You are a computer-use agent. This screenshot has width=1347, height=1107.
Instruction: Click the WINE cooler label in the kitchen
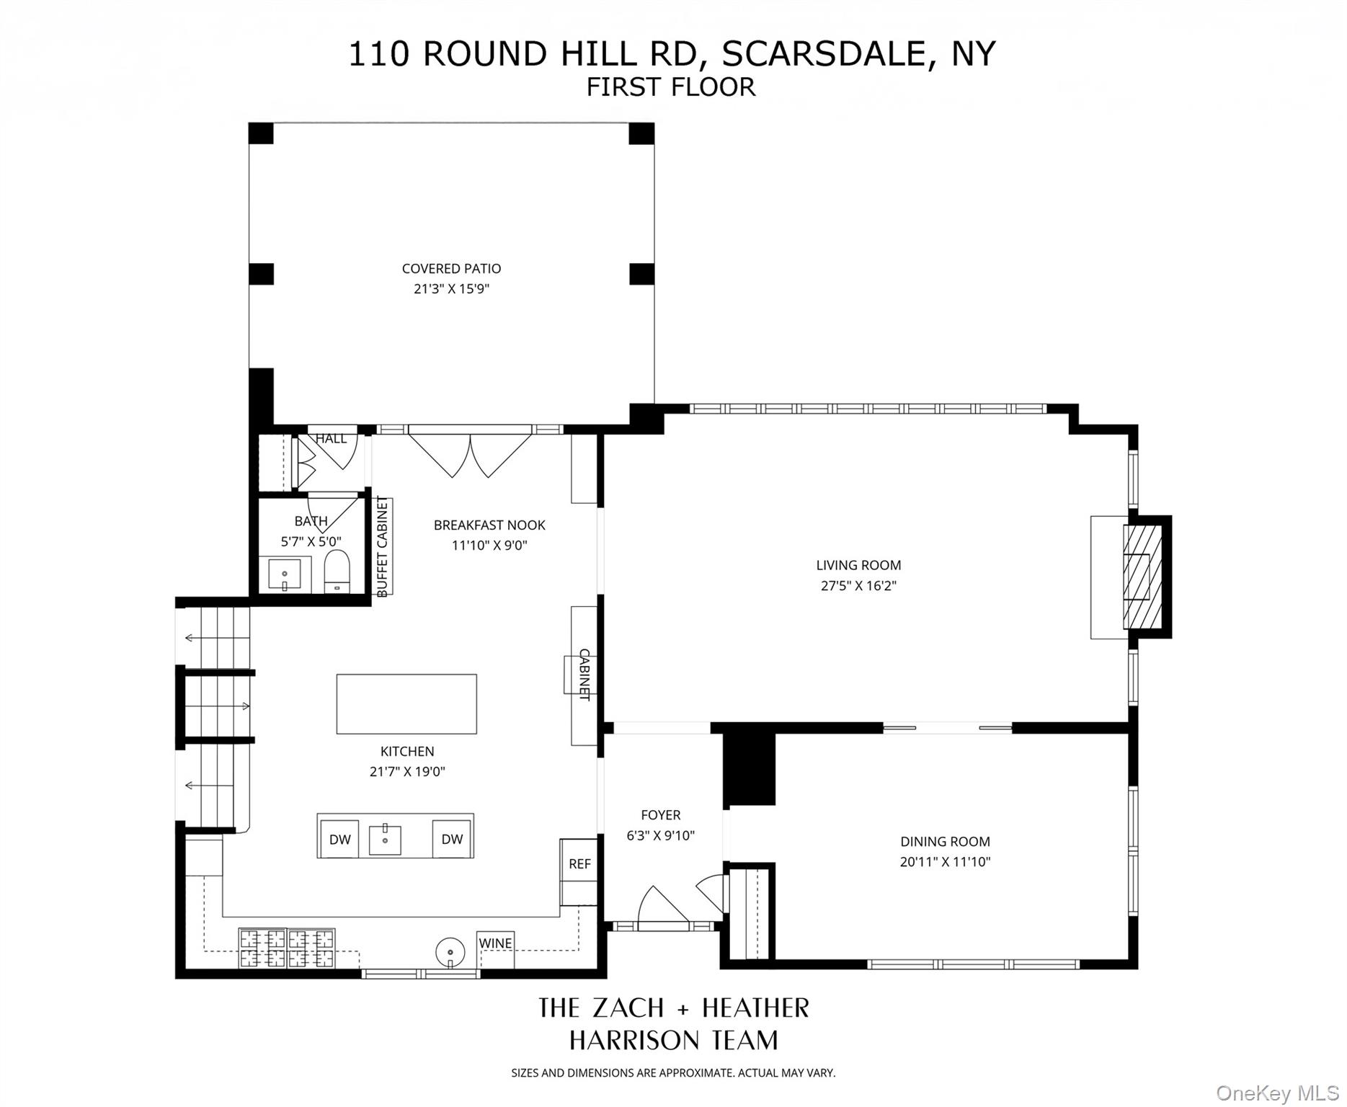click(x=495, y=943)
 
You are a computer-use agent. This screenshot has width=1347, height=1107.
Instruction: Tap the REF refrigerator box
click(x=579, y=863)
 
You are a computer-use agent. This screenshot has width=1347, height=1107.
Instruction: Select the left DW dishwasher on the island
click(x=339, y=839)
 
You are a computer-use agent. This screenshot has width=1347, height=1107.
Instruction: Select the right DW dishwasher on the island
click(x=452, y=839)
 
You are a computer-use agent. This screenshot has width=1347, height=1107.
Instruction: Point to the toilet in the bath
click(x=337, y=572)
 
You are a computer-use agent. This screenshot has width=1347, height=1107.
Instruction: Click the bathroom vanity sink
click(x=285, y=574)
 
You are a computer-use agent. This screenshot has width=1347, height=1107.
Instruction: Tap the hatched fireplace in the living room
click(x=1143, y=577)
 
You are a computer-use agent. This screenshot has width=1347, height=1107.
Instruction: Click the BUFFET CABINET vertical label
click(x=383, y=546)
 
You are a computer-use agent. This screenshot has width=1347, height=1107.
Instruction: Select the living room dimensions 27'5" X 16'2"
click(x=858, y=586)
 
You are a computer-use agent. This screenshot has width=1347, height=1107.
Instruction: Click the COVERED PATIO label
click(x=451, y=269)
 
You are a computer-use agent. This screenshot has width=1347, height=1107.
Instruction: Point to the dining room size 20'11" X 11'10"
click(x=945, y=861)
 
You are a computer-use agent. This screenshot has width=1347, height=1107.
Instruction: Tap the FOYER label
click(x=660, y=815)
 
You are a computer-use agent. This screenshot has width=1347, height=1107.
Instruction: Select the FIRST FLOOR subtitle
click(x=670, y=87)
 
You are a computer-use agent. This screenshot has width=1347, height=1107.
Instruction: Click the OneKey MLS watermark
click(x=1277, y=1093)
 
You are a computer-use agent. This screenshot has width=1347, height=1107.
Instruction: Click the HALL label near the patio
click(x=331, y=438)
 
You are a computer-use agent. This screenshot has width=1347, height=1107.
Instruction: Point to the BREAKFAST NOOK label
click(x=489, y=525)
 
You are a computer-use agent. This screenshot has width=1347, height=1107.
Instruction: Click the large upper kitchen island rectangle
click(x=406, y=704)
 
